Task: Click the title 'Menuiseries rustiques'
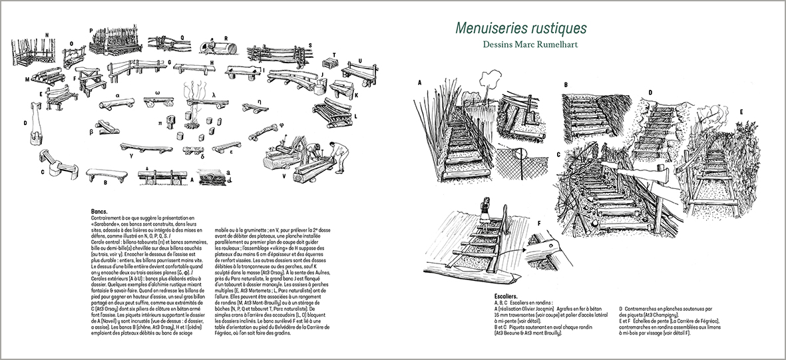click(520, 29)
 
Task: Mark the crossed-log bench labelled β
click(106, 127)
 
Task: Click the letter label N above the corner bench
click(47, 34)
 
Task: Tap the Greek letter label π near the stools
click(160, 124)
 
